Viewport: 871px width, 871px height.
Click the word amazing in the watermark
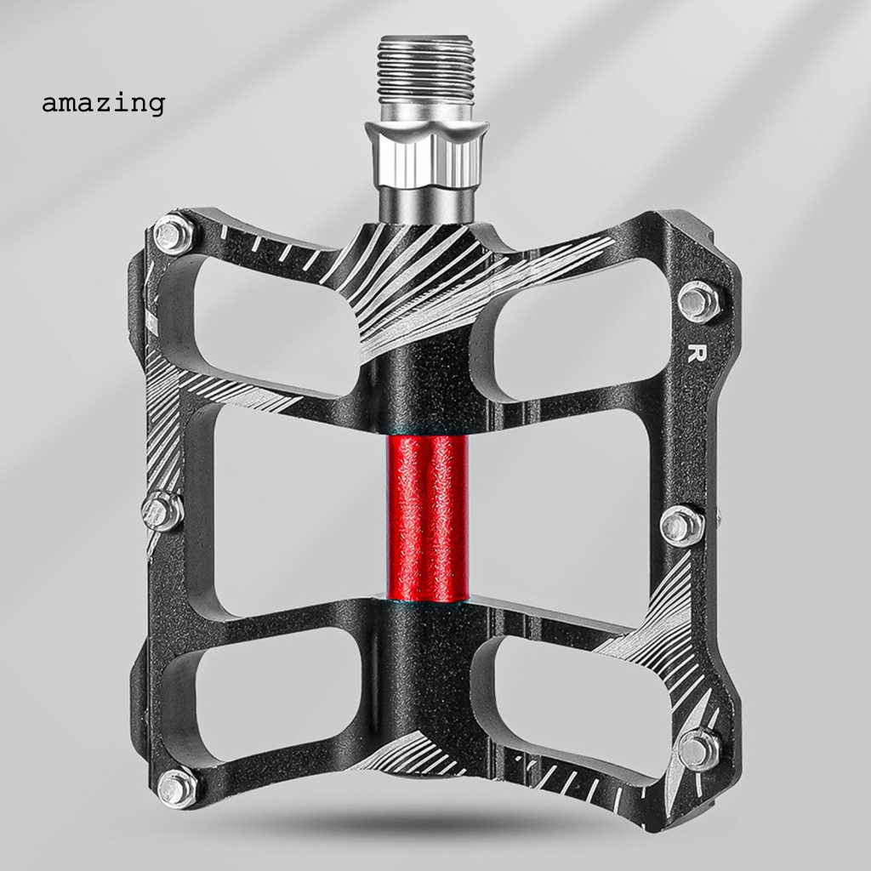click(x=103, y=103)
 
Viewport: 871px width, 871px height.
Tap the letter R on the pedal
click(x=693, y=354)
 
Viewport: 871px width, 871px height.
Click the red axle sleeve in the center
click(x=427, y=518)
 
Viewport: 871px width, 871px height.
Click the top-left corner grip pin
click(x=174, y=234)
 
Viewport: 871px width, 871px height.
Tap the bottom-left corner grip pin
click(x=178, y=787)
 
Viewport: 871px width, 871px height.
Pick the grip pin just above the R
click(x=699, y=302)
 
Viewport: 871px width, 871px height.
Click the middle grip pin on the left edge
click(x=162, y=511)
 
